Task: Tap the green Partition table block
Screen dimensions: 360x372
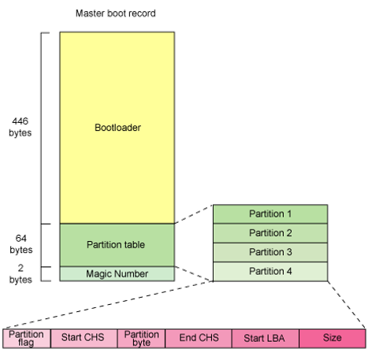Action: [x=117, y=244]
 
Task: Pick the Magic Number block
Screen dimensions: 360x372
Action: [x=117, y=273]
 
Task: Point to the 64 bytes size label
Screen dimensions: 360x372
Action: [x=21, y=243]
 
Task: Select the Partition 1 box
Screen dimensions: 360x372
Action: [x=270, y=213]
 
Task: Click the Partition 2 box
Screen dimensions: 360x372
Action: [x=270, y=233]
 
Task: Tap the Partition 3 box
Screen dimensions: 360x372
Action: [x=270, y=252]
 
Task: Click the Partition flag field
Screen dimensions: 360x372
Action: [x=26, y=338]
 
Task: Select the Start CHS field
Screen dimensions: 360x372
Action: [x=83, y=338]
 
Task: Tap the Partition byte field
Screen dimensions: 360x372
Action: [x=139, y=338]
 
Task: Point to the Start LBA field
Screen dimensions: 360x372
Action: [x=265, y=338]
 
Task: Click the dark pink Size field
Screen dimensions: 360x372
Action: [x=332, y=338]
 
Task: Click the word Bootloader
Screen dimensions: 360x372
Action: [x=117, y=126]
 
